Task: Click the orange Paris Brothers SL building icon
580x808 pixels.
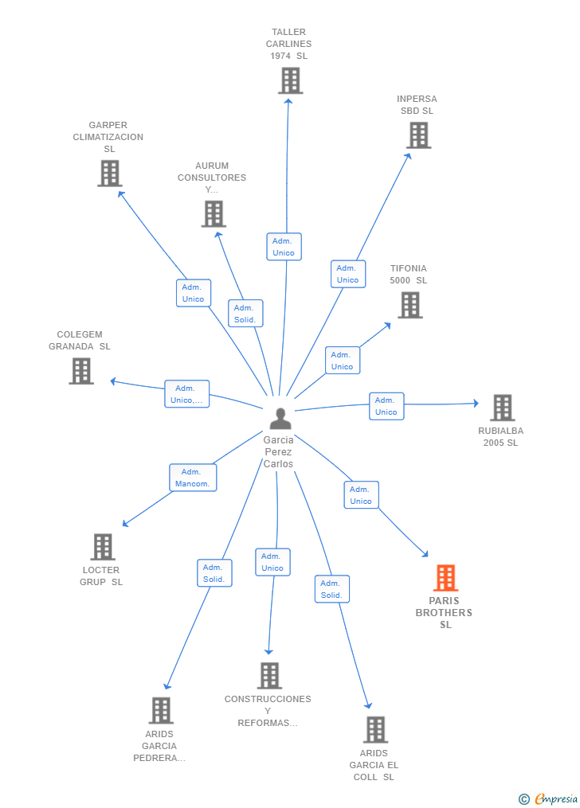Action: click(445, 578)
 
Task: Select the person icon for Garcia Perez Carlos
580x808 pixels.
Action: click(280, 419)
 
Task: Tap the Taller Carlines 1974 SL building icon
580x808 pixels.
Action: click(291, 80)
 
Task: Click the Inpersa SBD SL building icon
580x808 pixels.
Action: click(418, 135)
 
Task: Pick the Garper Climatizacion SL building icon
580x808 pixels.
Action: click(110, 173)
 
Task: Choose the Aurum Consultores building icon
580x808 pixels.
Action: click(214, 213)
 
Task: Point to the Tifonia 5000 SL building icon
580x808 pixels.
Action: click(410, 305)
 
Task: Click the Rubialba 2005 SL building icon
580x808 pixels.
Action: click(502, 408)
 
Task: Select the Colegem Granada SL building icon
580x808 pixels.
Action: click(81, 371)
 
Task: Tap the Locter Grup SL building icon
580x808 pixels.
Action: click(103, 547)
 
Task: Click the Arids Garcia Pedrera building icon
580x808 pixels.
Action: click(161, 710)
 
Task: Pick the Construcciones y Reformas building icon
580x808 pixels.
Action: click(269, 675)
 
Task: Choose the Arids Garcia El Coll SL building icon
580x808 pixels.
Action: click(375, 729)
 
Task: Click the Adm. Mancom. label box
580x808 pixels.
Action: click(193, 478)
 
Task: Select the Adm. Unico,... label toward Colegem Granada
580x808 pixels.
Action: click(187, 394)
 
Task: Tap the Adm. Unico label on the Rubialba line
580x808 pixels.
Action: click(386, 406)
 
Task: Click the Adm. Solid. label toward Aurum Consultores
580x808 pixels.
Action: click(245, 314)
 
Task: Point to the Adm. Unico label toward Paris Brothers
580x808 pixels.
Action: click(361, 495)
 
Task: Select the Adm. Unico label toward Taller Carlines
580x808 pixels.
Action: click(284, 247)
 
